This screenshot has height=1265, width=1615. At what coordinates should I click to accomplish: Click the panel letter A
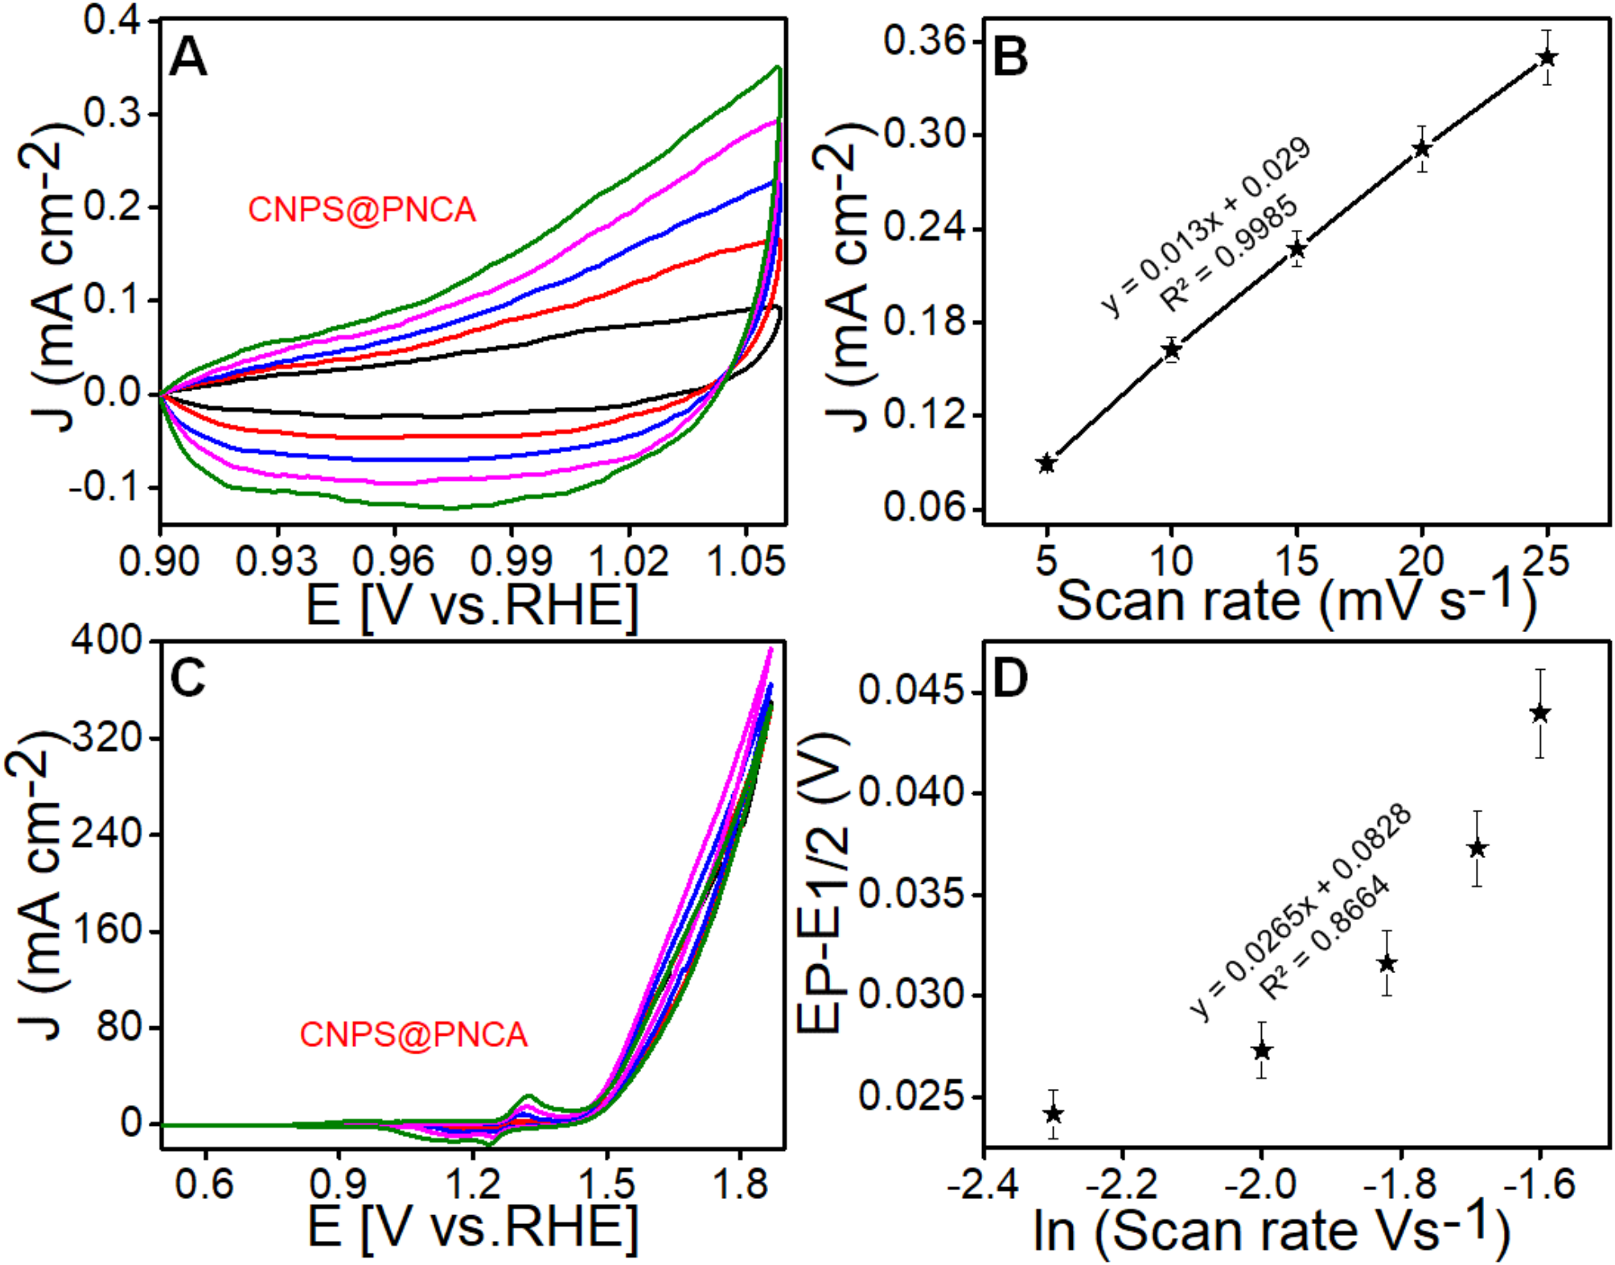pyautogui.click(x=188, y=58)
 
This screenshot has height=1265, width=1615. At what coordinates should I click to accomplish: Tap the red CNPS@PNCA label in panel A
pyautogui.click(x=361, y=210)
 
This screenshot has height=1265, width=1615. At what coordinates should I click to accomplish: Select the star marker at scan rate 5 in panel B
pyautogui.click(x=1046, y=463)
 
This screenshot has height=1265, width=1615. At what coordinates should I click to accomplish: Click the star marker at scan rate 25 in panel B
pyautogui.click(x=1547, y=57)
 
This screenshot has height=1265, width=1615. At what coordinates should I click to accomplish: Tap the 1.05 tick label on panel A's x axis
pyautogui.click(x=746, y=561)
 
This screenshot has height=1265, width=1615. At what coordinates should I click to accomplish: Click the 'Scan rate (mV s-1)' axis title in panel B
pyautogui.click(x=1295, y=601)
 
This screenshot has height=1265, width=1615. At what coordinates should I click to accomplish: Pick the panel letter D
pyautogui.click(x=1011, y=678)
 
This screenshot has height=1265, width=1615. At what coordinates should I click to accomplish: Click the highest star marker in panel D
pyautogui.click(x=1539, y=713)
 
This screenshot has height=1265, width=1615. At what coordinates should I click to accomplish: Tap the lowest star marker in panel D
pyautogui.click(x=1053, y=1114)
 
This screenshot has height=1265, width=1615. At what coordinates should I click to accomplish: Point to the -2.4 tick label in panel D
pyautogui.click(x=984, y=1185)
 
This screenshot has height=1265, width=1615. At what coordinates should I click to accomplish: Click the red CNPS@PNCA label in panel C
pyautogui.click(x=413, y=1034)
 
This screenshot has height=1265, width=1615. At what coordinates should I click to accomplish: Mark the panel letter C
pyautogui.click(x=188, y=678)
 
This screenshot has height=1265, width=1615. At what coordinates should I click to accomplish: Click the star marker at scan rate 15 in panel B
pyautogui.click(x=1296, y=249)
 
